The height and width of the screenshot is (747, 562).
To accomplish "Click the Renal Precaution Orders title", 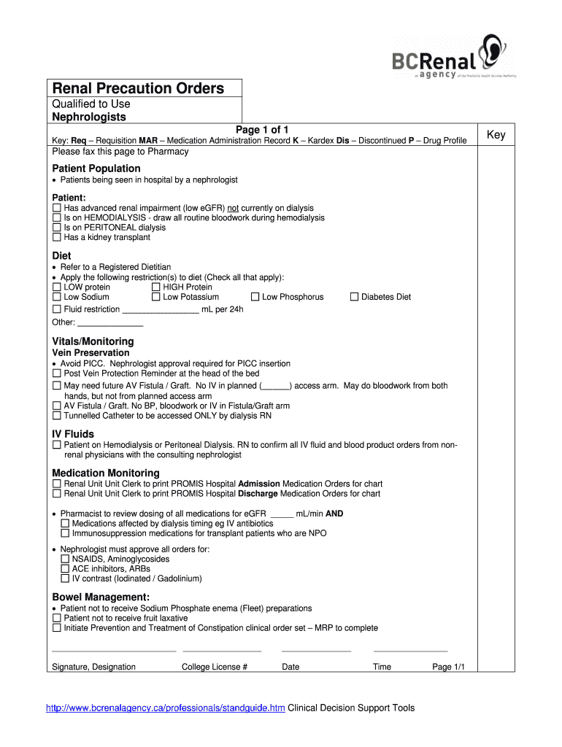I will tap(138, 89).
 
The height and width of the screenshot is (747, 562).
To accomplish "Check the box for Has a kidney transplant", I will tap(57, 237).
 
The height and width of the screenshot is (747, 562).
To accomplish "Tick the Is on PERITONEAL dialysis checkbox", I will tap(57, 228).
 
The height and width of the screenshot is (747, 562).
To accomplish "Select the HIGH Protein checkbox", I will tap(156, 287).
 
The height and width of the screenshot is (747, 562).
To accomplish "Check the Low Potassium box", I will tap(156, 297).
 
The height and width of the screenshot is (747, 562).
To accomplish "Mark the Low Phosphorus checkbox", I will tap(255, 297).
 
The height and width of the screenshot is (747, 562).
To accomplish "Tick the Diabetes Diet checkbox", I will tap(355, 297).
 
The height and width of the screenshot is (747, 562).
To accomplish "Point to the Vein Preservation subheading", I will tap(91, 353).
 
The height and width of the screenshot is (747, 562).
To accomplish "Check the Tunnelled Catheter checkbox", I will tap(57, 416).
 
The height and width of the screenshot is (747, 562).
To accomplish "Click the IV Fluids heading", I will tap(73, 435).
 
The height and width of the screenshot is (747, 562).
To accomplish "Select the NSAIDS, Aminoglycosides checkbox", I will tap(66, 560).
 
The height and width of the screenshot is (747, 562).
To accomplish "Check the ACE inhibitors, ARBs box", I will tap(66, 569).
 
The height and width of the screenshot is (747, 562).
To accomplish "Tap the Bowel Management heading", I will tap(101, 597).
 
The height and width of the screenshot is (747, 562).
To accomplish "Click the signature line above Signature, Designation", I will tap(114, 649).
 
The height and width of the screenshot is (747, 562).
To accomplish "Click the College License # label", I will tap(215, 667).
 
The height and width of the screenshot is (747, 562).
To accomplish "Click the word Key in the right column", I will tap(496, 135).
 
